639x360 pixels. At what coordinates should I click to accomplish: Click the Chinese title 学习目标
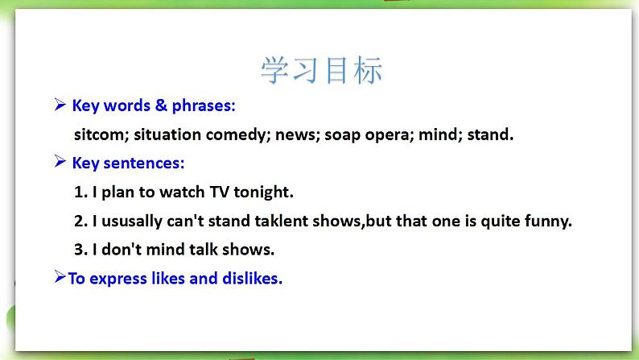[321, 71]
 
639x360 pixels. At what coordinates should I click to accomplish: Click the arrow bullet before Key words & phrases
[60, 105]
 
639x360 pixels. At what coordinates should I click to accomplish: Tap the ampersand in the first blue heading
[161, 106]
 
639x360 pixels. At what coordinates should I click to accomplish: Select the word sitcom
[101, 134]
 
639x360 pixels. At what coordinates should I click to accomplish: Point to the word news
[298, 135]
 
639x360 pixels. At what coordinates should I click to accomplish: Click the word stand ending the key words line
[490, 134]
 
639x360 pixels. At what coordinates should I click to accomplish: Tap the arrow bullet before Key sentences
[60, 162]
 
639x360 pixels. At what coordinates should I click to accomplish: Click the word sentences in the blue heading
[144, 163]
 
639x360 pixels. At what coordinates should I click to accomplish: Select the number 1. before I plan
[80, 192]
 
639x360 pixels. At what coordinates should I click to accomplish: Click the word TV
[220, 192]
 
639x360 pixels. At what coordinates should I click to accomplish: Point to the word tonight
[263, 192]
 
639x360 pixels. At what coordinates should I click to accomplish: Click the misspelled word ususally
[132, 221]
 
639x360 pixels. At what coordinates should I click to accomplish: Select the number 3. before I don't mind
[80, 249]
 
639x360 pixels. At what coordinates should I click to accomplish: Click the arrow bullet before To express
[60, 277]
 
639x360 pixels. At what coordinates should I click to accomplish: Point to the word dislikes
[252, 278]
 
